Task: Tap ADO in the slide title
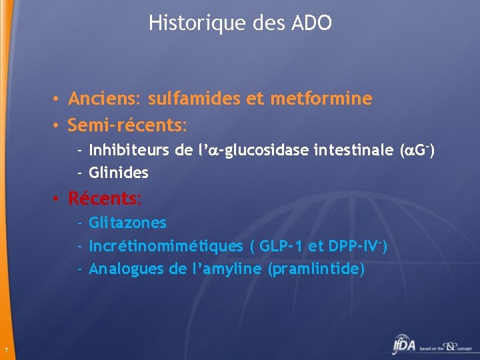tap(311, 23)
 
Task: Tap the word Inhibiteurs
tap(129, 151)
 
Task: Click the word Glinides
tap(118, 173)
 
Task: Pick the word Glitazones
tap(127, 223)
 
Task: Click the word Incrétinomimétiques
tap(166, 246)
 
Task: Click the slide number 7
tap(5, 351)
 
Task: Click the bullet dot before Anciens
tap(59, 100)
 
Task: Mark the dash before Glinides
tap(79, 174)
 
